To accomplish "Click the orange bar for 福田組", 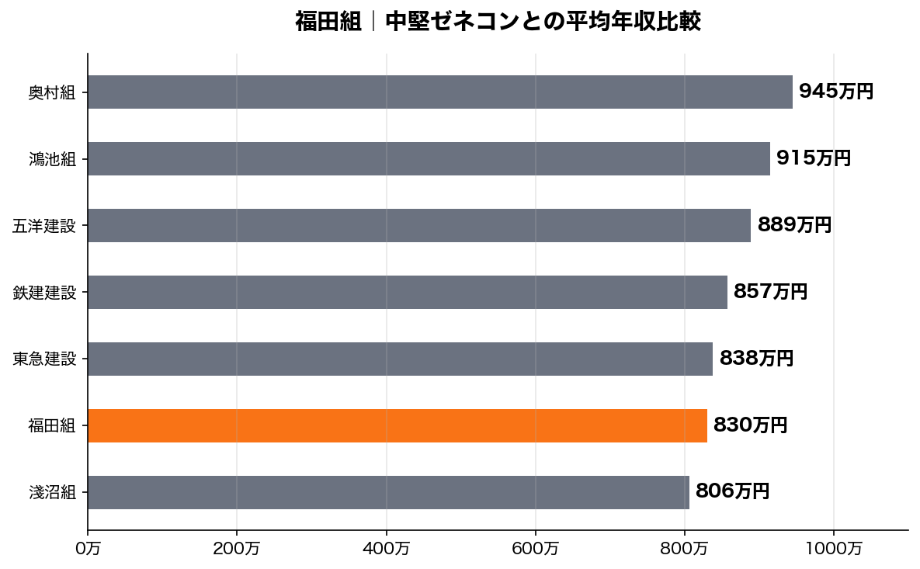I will tap(398, 425).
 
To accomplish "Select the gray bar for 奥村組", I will tap(440, 92).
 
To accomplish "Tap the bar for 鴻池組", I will tap(429, 158).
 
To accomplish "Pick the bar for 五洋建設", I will tap(419, 225).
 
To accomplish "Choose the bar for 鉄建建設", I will tap(408, 292).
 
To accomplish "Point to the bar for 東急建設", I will tap(400, 359).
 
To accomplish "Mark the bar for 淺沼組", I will tap(388, 492).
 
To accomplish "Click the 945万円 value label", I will tap(836, 92).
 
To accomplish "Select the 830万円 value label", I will tap(750, 425).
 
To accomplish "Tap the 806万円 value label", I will tap(732, 492).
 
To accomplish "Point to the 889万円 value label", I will tap(794, 225).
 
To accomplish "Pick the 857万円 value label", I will tap(770, 292).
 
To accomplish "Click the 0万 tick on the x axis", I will tap(88, 549).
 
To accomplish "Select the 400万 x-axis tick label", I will tap(387, 549).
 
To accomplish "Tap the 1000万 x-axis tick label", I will tap(834, 549).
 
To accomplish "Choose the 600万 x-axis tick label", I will tap(536, 549).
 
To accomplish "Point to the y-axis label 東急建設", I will tap(44, 359).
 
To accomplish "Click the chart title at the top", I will tap(498, 22).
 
